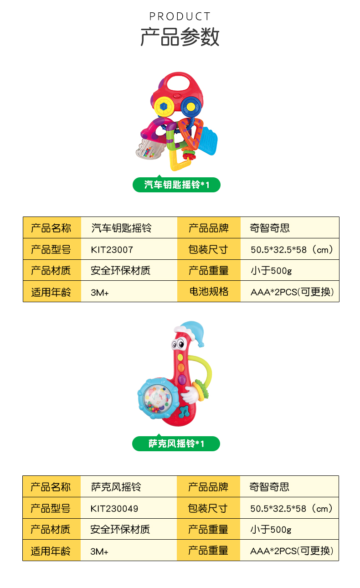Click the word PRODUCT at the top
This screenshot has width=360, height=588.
coord(180,17)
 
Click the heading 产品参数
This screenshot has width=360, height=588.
coord(180,37)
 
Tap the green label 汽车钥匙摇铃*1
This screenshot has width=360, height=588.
coord(176,185)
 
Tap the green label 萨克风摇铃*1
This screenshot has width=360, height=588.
coord(176,444)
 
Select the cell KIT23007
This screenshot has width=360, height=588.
coord(112,249)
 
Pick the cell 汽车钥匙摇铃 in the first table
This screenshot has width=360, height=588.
coord(121,228)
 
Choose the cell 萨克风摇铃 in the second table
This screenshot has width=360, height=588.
coord(116,487)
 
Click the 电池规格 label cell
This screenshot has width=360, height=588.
coord(209,292)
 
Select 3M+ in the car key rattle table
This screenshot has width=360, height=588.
coord(100,293)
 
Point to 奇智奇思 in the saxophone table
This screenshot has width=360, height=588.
coord(269,487)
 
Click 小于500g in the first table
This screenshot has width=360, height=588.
coord(271,271)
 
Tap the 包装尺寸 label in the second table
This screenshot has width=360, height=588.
coord(208,508)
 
